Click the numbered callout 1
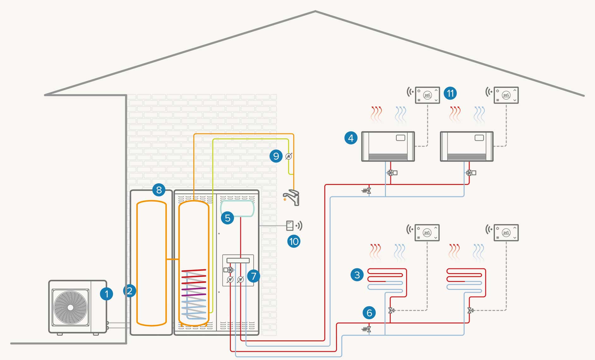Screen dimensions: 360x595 coord(106,294)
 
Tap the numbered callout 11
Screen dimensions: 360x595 coord(450,93)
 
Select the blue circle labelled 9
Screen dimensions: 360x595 coord(276,156)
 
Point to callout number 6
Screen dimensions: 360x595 coord(369,313)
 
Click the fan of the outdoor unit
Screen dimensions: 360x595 coord(70,307)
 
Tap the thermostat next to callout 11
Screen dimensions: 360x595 coord(427,95)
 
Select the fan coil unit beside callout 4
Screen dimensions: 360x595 coord(388,146)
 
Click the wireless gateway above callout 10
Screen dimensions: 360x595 coord(290,225)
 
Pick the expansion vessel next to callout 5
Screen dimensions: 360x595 coord(237,208)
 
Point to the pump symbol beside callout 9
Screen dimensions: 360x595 coord(289,156)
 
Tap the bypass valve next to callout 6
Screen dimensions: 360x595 coord(367,329)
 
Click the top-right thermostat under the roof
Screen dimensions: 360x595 coord(506,95)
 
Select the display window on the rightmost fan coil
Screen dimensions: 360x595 coord(479,138)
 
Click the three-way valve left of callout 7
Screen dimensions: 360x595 coord(230,270)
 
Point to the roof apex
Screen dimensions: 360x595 coord(315,11)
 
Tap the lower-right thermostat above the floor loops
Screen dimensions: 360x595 coord(506,232)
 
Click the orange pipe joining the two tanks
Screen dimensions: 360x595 coord(172,259)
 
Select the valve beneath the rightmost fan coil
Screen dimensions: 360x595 coord(470,173)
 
